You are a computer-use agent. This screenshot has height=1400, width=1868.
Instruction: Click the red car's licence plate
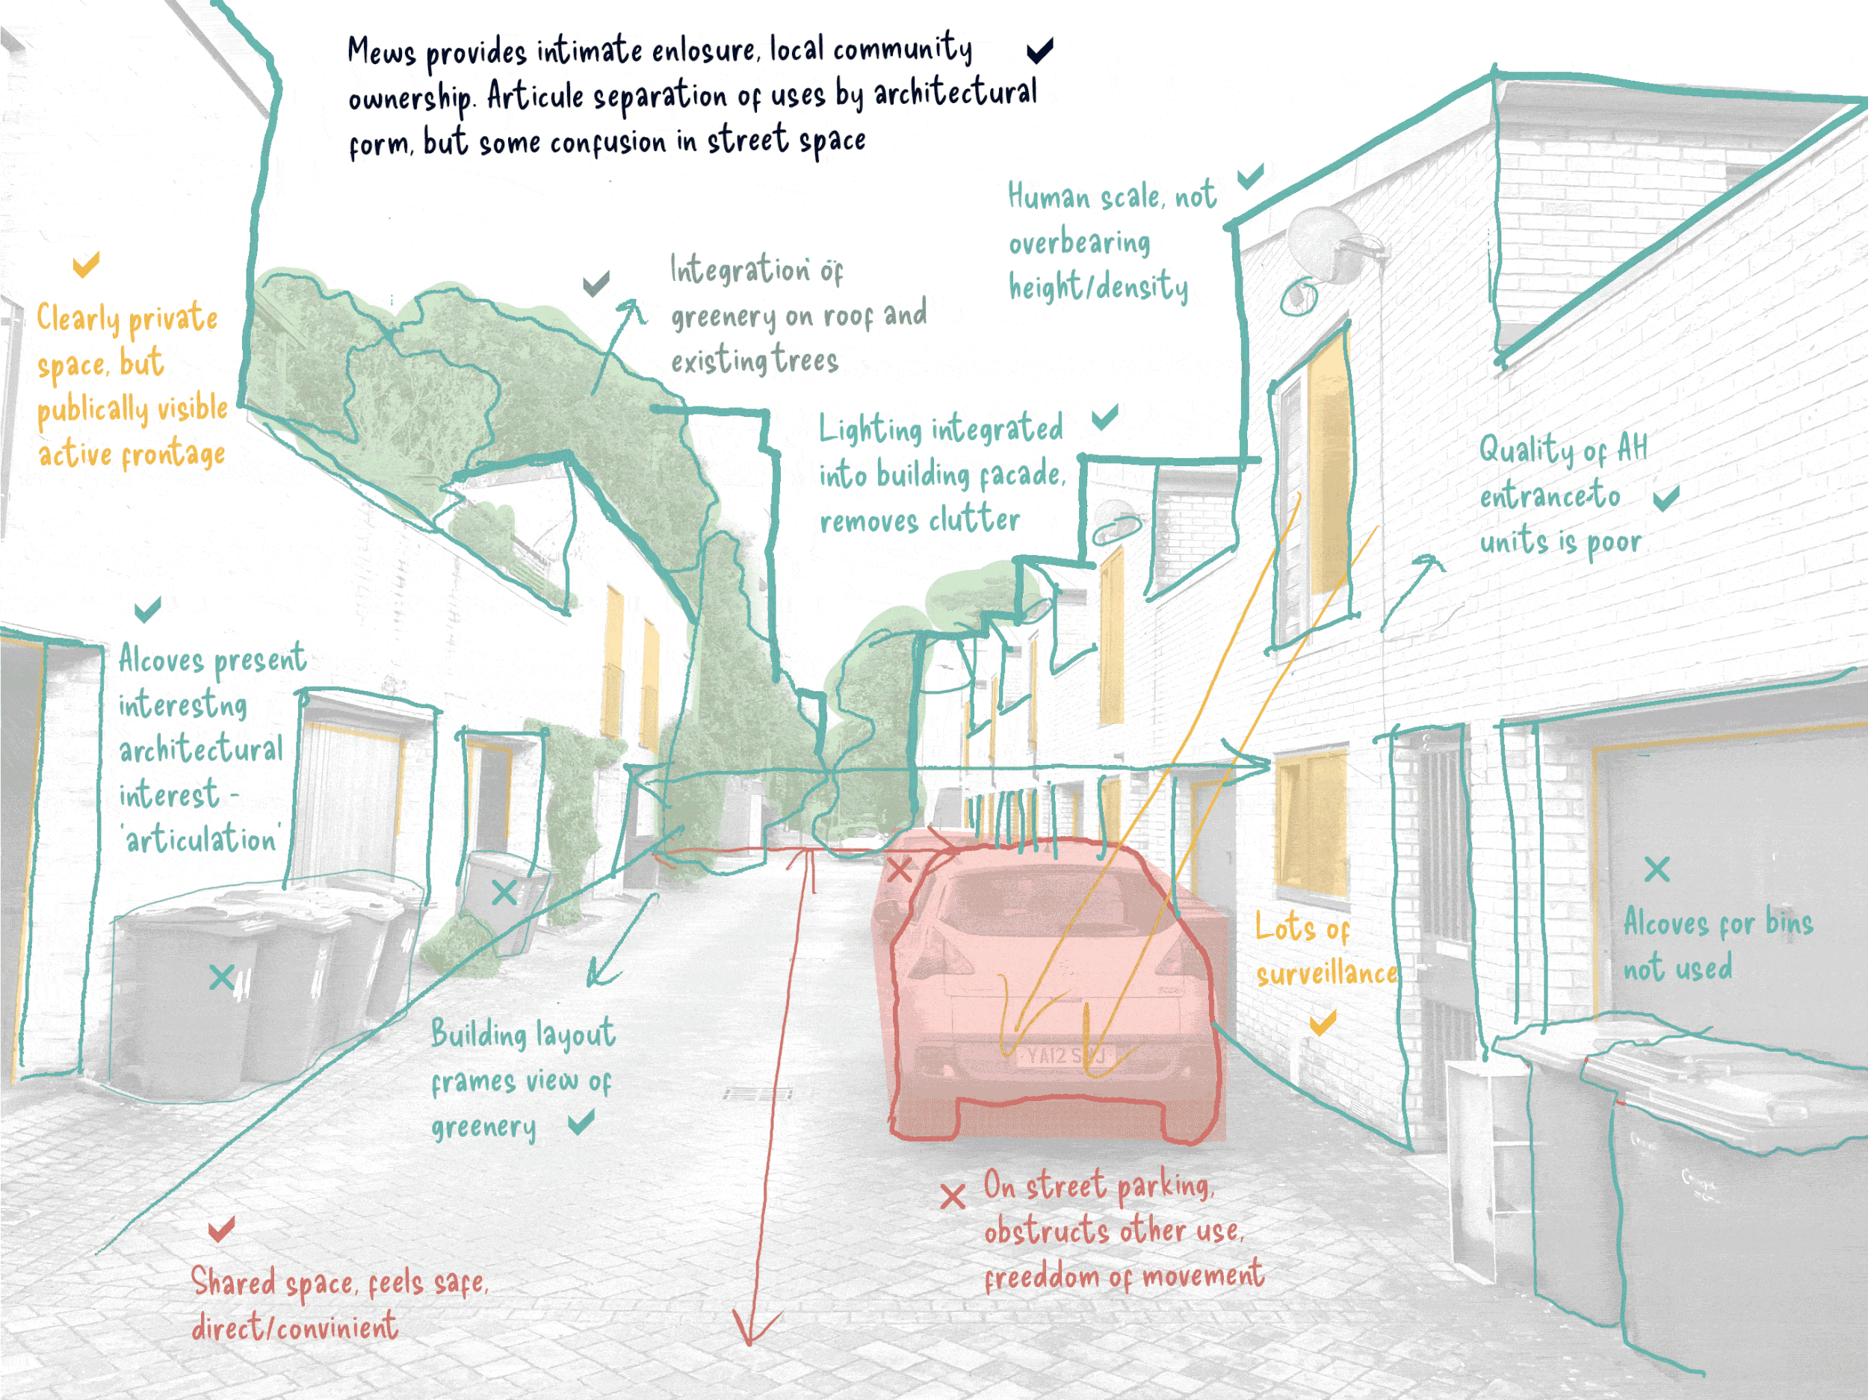(x=1066, y=1056)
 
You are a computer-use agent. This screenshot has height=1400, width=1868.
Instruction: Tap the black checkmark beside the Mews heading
(x=1039, y=51)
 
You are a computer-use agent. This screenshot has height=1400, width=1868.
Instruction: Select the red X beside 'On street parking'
(x=953, y=1197)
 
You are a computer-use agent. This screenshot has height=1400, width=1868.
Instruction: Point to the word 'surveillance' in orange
(x=1326, y=974)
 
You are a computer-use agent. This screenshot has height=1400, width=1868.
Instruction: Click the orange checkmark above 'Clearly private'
(x=86, y=264)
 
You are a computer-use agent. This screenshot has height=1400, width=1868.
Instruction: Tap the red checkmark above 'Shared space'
(x=221, y=1229)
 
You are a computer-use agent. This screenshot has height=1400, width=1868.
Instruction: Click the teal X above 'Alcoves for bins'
(x=1657, y=869)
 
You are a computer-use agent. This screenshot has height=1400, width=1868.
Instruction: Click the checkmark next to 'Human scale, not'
(x=1251, y=176)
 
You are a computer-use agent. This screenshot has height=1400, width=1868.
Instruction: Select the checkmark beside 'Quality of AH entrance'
(x=1666, y=498)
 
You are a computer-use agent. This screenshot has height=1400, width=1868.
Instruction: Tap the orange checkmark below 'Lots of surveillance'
(x=1323, y=1023)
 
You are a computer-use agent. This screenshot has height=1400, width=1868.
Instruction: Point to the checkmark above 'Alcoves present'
(x=148, y=609)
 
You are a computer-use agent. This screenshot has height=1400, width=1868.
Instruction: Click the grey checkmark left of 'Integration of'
(x=596, y=284)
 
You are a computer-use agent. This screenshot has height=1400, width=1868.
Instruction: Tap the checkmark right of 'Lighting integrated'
(x=1104, y=416)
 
